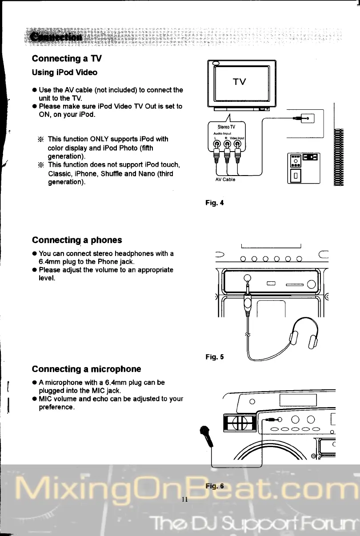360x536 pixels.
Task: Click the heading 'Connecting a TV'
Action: pyautogui.click(x=67, y=59)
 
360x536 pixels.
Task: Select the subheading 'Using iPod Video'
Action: pyautogui.click(x=64, y=72)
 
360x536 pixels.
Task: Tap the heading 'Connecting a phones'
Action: pyautogui.click(x=77, y=240)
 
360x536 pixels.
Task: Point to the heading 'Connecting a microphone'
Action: pyautogui.click(x=86, y=369)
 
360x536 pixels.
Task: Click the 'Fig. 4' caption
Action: pyautogui.click(x=215, y=203)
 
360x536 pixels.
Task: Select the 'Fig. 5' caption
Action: pyautogui.click(x=215, y=356)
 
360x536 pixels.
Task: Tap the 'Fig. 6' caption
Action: pyautogui.click(x=215, y=486)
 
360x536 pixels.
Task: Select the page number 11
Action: pyautogui.click(x=186, y=500)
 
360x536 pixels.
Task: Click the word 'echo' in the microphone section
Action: pyautogui.click(x=104, y=399)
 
